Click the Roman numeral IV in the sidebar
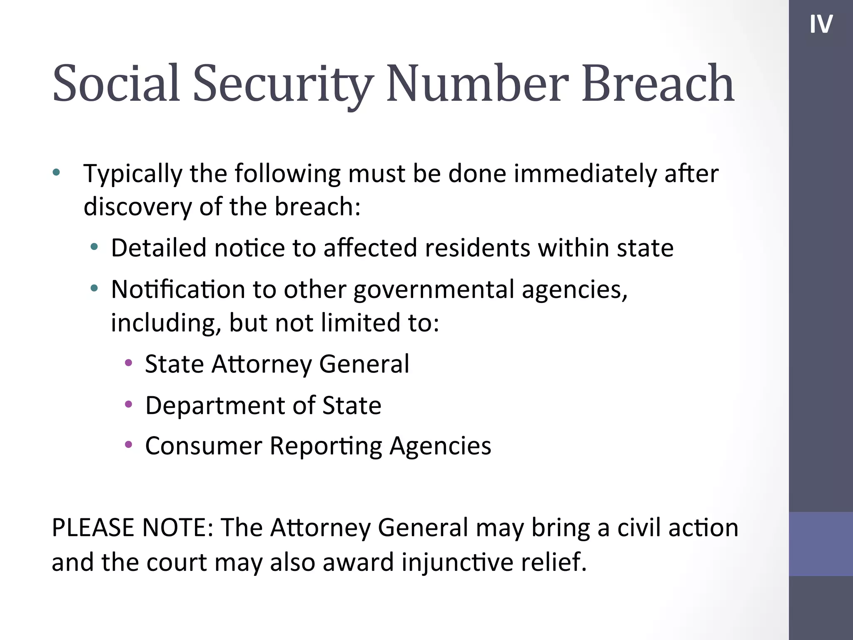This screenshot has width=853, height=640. pos(821,24)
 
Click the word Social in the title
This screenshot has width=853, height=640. pos(116,83)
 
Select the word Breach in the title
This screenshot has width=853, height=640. pos(658,83)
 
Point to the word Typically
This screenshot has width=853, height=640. pos(133,174)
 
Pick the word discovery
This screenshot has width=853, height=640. pos(137,207)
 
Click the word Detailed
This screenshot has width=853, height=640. pos(159,248)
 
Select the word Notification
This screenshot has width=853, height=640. pos(178,289)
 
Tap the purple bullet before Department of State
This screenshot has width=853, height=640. pos(129,404)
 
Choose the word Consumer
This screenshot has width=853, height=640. pos(204,446)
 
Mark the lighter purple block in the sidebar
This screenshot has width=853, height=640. pos(821,544)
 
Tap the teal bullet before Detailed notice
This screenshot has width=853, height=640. pos(95,247)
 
